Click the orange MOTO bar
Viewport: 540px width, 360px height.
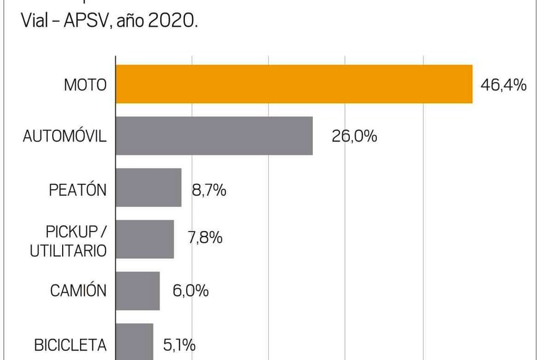click(x=294, y=84)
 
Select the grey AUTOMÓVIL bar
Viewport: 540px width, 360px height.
click(x=214, y=135)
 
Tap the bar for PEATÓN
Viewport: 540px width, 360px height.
click(x=148, y=187)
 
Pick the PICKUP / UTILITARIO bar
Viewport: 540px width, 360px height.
click(x=145, y=239)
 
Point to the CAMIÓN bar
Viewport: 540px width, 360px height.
click(x=138, y=290)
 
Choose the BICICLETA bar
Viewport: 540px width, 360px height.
click(x=135, y=341)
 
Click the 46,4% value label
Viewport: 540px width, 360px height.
click(x=503, y=84)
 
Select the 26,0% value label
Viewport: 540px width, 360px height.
click(x=354, y=136)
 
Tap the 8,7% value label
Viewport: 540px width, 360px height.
click(x=209, y=189)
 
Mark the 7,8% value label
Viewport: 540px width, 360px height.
click(x=205, y=238)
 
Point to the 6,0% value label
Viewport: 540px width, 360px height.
click(x=190, y=290)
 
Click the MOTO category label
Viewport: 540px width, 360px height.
click(x=85, y=84)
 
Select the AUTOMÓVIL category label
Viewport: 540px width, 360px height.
click(x=65, y=136)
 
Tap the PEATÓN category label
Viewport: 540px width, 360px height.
click(x=78, y=189)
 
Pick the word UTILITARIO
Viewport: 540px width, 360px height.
click(x=68, y=250)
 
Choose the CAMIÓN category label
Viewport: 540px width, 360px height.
click(x=78, y=290)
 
